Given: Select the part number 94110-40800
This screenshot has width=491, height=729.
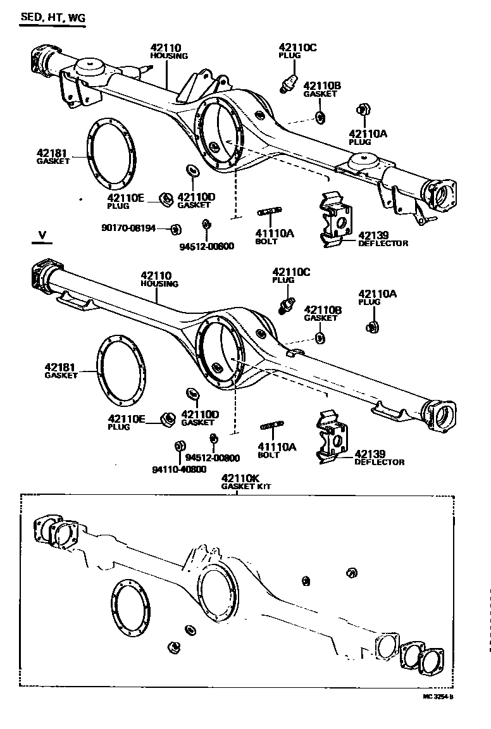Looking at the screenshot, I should (179, 469).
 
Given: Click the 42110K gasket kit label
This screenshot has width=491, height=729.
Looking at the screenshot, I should (241, 482).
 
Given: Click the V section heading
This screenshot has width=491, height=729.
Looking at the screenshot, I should (42, 235).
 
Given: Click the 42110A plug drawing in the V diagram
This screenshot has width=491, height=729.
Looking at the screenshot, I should (373, 327).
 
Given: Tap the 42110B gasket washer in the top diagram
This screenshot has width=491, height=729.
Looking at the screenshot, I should (320, 117).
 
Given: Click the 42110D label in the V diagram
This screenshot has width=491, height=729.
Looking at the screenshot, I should (199, 415).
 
